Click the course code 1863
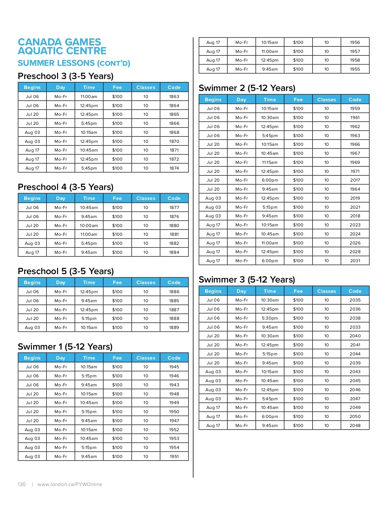[x=174, y=96]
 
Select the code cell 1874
[x=174, y=168]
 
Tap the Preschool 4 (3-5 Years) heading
[x=66, y=187]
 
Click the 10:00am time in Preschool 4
[x=89, y=225]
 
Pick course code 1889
[x=174, y=327]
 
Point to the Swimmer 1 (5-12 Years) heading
[x=65, y=347]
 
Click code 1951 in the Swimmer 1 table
[x=174, y=456]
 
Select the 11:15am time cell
[x=270, y=162]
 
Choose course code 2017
[x=355, y=180]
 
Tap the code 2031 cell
[x=355, y=261]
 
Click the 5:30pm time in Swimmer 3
[x=270, y=318]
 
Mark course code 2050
[x=355, y=416]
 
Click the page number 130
[x=22, y=484]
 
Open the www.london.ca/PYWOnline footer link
[x=70, y=484]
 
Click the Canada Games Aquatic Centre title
[x=62, y=46]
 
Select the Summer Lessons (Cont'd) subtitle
[x=74, y=63]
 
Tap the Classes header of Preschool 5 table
[x=146, y=283]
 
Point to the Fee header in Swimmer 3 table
[x=298, y=291]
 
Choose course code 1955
[x=355, y=69]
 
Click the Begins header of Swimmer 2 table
[x=213, y=100]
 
